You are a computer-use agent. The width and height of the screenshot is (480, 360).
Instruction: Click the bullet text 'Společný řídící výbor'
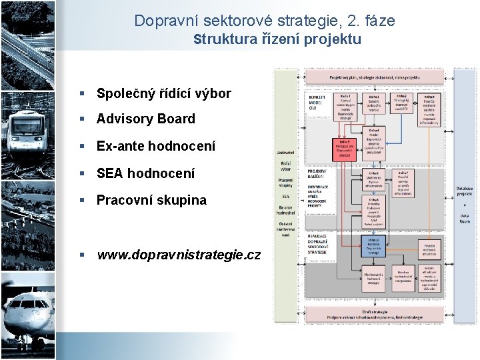pyautogui.click(x=163, y=93)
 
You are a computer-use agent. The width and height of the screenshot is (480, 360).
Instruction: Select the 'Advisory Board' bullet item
pyautogui.click(x=145, y=119)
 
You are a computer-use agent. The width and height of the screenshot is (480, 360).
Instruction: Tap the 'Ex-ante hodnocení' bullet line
pyautogui.click(x=155, y=146)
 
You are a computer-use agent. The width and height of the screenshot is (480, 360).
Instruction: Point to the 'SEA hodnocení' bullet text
pyautogui.click(x=145, y=173)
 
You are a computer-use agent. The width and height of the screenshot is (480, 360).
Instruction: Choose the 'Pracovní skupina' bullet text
pyautogui.click(x=151, y=200)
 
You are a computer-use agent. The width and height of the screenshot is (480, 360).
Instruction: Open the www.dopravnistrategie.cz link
pyautogui.click(x=178, y=255)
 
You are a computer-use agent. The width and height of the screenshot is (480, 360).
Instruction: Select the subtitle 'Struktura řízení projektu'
pyautogui.click(x=277, y=39)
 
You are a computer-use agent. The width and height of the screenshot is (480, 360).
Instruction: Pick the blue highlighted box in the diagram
pyautogui.click(x=373, y=244)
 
